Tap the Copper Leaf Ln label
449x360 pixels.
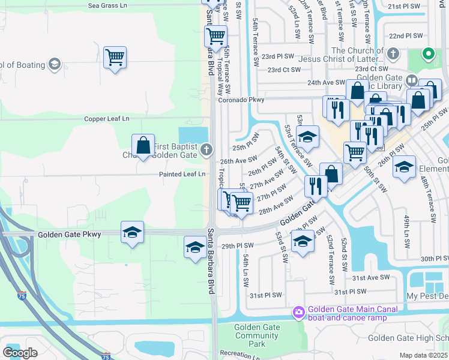[107, 119]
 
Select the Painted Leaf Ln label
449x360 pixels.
[182, 174]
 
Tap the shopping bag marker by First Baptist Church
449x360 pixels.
[143, 145]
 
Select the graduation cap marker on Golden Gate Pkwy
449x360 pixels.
[132, 232]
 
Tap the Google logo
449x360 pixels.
[20, 353]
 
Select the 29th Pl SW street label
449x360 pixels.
[238, 245]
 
